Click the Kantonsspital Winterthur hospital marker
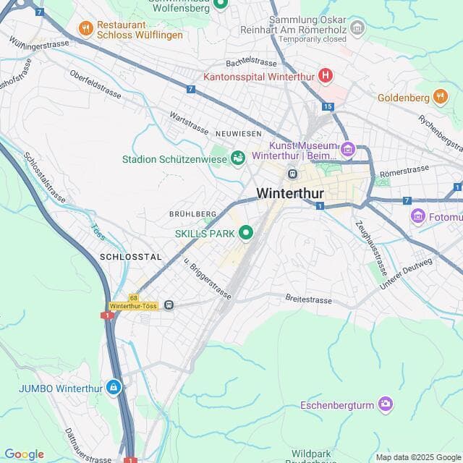(326, 75)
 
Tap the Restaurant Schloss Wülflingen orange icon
(85, 28)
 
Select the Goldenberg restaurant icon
(440, 96)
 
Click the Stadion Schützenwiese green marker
(237, 157)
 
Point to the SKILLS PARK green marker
(246, 233)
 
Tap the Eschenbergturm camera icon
(386, 404)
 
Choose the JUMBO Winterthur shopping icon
(114, 387)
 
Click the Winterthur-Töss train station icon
(169, 305)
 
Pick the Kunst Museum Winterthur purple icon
(348, 150)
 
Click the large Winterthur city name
(290, 194)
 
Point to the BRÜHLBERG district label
(192, 214)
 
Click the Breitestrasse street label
(309, 299)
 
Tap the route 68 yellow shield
(134, 297)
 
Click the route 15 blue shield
(328, 106)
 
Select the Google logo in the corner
(24, 454)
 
